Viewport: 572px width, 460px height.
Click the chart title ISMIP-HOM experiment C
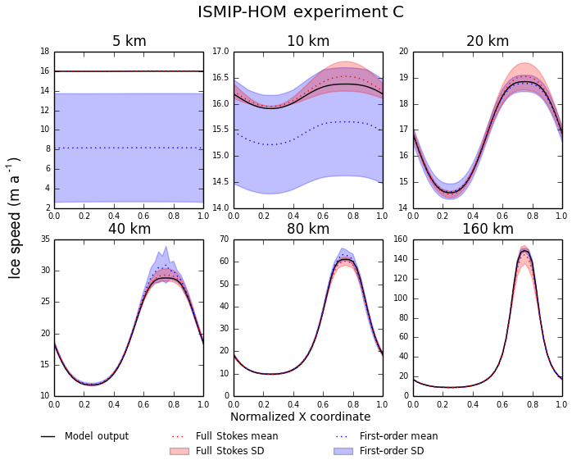300,12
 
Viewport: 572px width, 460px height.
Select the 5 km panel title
129,42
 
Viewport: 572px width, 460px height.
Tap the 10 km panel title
308,42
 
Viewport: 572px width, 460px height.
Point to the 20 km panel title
488,42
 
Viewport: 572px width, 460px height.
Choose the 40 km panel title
129,230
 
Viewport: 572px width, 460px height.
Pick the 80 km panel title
308,230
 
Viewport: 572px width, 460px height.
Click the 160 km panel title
488,230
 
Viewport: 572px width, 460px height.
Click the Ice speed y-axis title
15,218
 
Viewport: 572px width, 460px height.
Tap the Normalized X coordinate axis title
300,417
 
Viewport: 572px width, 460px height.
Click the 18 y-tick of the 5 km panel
44,52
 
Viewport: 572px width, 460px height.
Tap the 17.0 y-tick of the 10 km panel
219,52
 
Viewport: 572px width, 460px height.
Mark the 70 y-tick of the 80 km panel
224,239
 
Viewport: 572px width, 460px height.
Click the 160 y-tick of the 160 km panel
401,239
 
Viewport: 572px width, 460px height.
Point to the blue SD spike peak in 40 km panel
166,246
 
